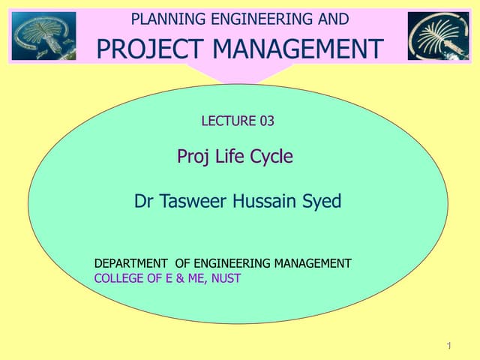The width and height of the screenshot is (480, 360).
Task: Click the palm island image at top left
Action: pyautogui.click(x=43, y=35)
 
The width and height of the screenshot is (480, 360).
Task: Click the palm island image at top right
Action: pyautogui.click(x=438, y=35)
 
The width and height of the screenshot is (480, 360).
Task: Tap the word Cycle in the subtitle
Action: pyautogui.click(x=271, y=157)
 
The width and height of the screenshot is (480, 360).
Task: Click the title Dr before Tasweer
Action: pyautogui.click(x=144, y=201)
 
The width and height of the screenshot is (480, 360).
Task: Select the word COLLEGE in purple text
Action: pyautogui.click(x=118, y=278)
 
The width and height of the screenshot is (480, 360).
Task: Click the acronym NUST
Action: pyautogui.click(x=226, y=278)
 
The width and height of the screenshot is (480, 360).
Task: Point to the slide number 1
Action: pyautogui.click(x=447, y=345)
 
